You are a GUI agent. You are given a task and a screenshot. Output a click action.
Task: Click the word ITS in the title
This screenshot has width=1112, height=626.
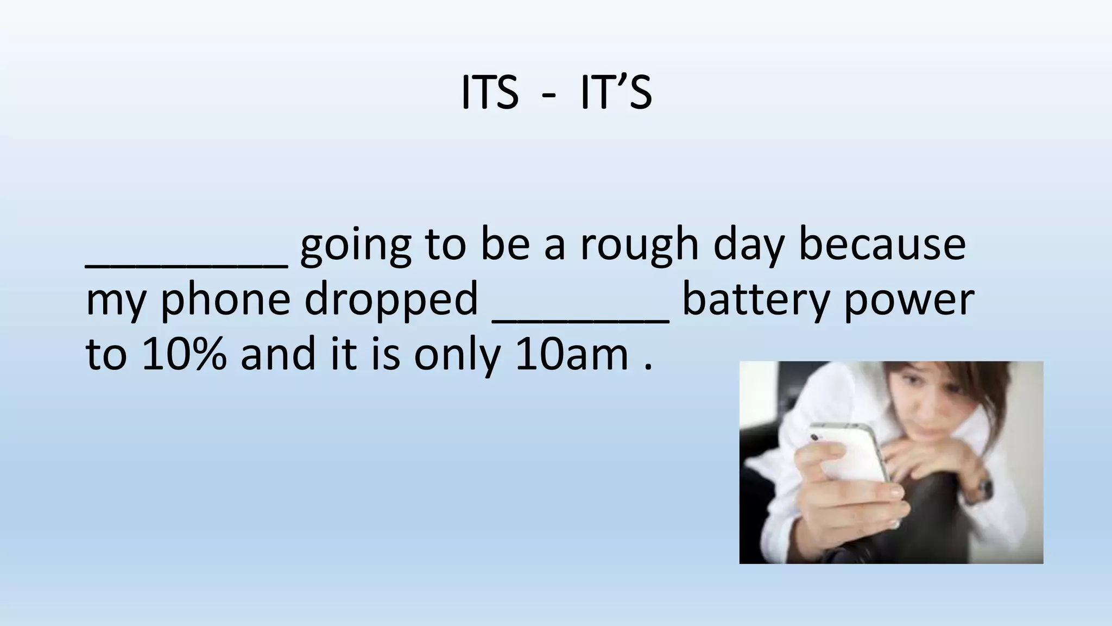(x=489, y=93)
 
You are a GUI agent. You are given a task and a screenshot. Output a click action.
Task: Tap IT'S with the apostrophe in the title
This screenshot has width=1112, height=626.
(x=616, y=93)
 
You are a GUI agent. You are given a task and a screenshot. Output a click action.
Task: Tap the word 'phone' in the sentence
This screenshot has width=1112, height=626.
(x=225, y=300)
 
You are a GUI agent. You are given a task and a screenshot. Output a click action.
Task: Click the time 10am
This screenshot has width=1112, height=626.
(x=571, y=354)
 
